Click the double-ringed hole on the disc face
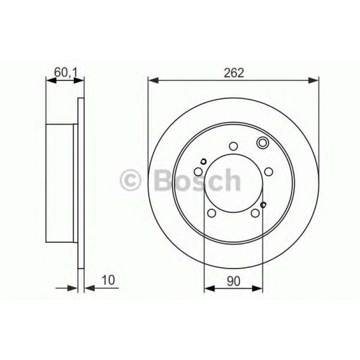(x=262, y=143)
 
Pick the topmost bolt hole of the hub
(x=233, y=146)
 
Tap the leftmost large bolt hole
(x=199, y=171)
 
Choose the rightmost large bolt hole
(x=268, y=171)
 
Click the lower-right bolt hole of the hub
(x=255, y=213)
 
